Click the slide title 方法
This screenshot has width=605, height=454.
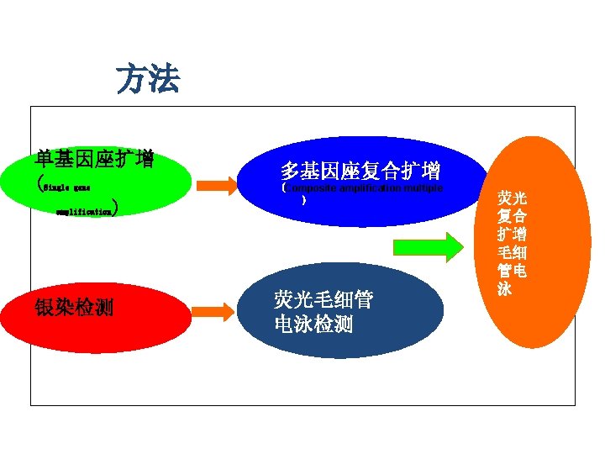click(x=148, y=80)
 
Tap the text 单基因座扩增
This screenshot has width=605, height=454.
click(x=94, y=159)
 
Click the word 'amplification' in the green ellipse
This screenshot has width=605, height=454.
click(x=83, y=214)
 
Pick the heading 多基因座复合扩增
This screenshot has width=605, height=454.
click(x=360, y=172)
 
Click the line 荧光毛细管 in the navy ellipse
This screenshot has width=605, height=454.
click(x=324, y=299)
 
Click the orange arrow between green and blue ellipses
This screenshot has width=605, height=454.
click(x=223, y=186)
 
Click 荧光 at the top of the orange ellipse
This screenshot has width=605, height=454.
click(x=512, y=198)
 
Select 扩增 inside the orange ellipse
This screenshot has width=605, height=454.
click(x=512, y=234)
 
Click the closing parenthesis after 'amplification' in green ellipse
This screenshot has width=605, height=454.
click(x=123, y=208)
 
